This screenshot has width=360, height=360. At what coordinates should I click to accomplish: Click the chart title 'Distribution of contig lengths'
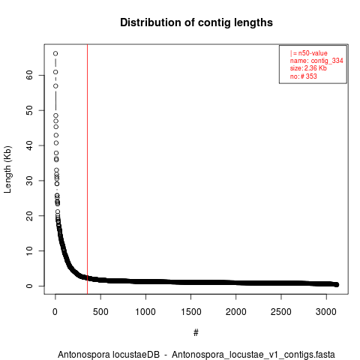point(196,22)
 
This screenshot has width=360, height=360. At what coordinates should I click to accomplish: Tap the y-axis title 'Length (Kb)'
point(7,169)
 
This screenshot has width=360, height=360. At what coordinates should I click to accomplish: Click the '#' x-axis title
point(196,332)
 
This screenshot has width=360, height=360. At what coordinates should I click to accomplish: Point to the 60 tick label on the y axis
point(29,75)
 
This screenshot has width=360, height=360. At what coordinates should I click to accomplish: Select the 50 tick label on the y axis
point(29,110)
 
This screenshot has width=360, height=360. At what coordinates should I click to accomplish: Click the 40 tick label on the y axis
point(29,145)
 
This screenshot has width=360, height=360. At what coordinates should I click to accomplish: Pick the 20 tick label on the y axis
point(29,215)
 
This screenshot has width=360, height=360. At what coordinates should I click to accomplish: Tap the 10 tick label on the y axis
point(29,250)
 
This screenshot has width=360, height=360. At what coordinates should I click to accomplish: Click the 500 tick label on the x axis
point(100,312)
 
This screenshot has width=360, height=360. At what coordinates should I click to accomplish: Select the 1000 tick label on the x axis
point(145,312)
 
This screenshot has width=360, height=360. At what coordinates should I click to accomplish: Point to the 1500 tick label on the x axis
point(190,312)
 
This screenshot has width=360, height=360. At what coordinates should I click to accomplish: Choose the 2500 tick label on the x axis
point(281,312)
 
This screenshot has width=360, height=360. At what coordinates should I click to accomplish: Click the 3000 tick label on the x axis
point(326,312)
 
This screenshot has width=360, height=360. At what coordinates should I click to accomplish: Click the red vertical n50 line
point(87,169)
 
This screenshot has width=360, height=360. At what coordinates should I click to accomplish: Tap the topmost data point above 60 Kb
point(55,53)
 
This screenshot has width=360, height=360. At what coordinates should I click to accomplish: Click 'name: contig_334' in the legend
point(316,61)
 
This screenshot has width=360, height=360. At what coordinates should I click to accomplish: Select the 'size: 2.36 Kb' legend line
point(308,68)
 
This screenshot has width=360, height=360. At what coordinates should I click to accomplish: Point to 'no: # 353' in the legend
point(304,76)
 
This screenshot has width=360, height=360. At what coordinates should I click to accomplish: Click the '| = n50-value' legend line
point(309,53)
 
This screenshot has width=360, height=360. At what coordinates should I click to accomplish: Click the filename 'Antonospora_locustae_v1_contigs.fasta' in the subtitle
point(253,355)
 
